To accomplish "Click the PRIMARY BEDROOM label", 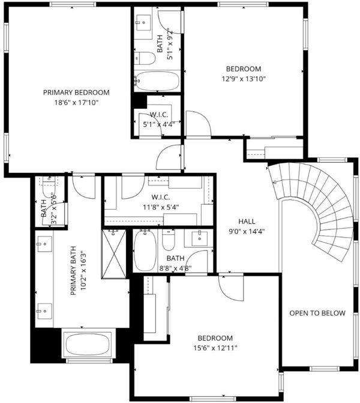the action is tap(76, 92).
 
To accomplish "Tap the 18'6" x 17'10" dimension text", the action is tap(77, 103).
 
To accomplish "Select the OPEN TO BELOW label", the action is tap(317, 313).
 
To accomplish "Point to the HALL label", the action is tap(247, 221).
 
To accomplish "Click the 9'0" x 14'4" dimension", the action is tap(247, 232).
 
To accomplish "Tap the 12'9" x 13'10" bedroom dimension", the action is tap(244, 79).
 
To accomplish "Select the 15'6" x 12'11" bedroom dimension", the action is tap(215, 348).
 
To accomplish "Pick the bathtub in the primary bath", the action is tap(88, 344).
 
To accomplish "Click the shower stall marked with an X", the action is tap(114, 254).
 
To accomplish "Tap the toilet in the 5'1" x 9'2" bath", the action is tap(145, 59).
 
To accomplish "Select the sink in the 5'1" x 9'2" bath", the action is tap(143, 23).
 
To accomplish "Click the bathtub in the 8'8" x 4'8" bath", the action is tap(145, 250).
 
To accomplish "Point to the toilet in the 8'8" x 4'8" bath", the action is tap(169, 240).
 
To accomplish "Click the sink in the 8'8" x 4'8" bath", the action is tap(200, 238).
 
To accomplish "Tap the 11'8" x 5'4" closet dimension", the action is tap(161, 207).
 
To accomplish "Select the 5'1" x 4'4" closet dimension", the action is tap(159, 125).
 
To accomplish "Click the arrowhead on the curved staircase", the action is tap(274, 183).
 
